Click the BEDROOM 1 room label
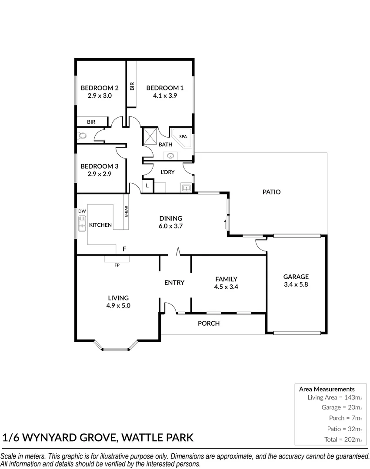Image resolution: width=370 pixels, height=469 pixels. tap(162, 88)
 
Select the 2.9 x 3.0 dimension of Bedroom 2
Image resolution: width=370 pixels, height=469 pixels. tap(100, 96)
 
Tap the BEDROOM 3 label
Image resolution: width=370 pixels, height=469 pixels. tap(100, 166)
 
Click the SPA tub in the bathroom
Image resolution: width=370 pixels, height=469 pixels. tap(182, 138)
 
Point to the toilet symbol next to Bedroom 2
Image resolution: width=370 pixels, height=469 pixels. tap(81, 136)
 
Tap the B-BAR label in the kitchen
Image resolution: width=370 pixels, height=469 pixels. tap(126, 211)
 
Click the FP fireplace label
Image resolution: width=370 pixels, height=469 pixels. tap(117, 265)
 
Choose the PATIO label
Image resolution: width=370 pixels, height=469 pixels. tap(271, 192)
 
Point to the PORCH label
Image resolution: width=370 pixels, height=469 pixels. tap(209, 323)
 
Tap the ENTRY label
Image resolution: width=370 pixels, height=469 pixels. tap(174, 282)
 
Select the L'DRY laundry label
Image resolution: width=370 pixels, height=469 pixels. tap(167, 172)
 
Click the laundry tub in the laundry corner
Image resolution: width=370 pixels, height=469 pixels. tap(187, 188)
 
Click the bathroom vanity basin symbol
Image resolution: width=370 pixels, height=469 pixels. tap(170, 155)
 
